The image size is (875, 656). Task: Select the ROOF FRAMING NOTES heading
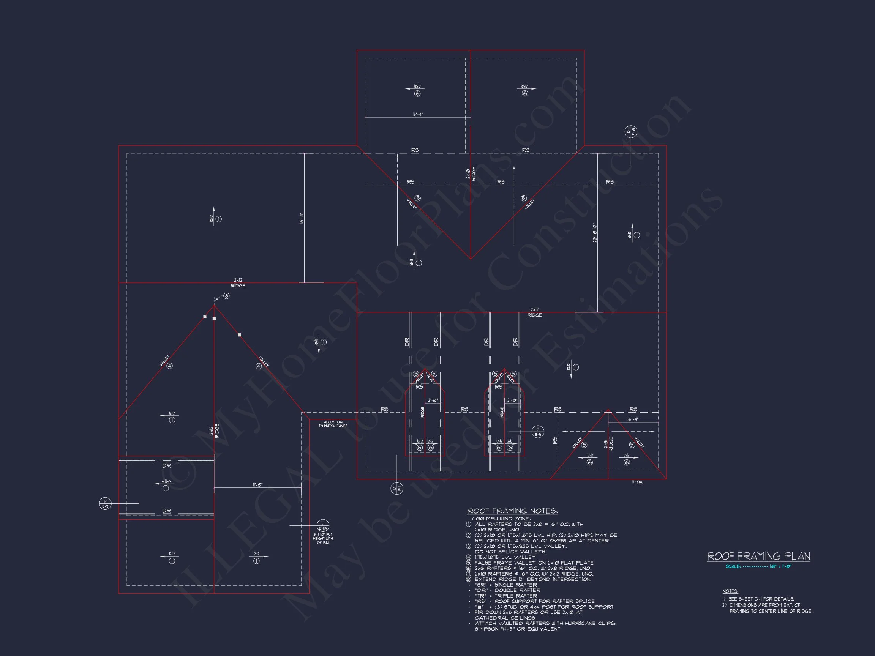click(x=512, y=511)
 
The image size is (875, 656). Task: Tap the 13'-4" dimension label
click(x=418, y=114)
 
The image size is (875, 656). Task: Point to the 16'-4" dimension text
click(x=301, y=218)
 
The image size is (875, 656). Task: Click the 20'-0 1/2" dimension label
click(x=595, y=232)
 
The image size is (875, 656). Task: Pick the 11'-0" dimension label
click(x=257, y=485)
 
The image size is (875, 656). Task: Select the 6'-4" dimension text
click(x=633, y=419)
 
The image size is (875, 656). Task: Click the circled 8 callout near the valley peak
click(x=226, y=296)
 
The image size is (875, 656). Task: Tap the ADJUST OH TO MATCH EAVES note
click(x=333, y=424)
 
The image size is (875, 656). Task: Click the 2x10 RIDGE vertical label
click(x=471, y=174)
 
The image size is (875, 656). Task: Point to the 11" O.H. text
click(x=637, y=482)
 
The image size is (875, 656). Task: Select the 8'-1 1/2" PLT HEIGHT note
click(x=323, y=538)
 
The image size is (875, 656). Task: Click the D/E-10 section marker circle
click(x=630, y=132)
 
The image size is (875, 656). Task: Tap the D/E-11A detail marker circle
click(x=323, y=525)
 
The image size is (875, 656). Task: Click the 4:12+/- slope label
click(x=166, y=482)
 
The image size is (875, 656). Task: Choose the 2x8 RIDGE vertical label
click(x=608, y=444)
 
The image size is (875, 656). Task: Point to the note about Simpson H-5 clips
click(x=545, y=626)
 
